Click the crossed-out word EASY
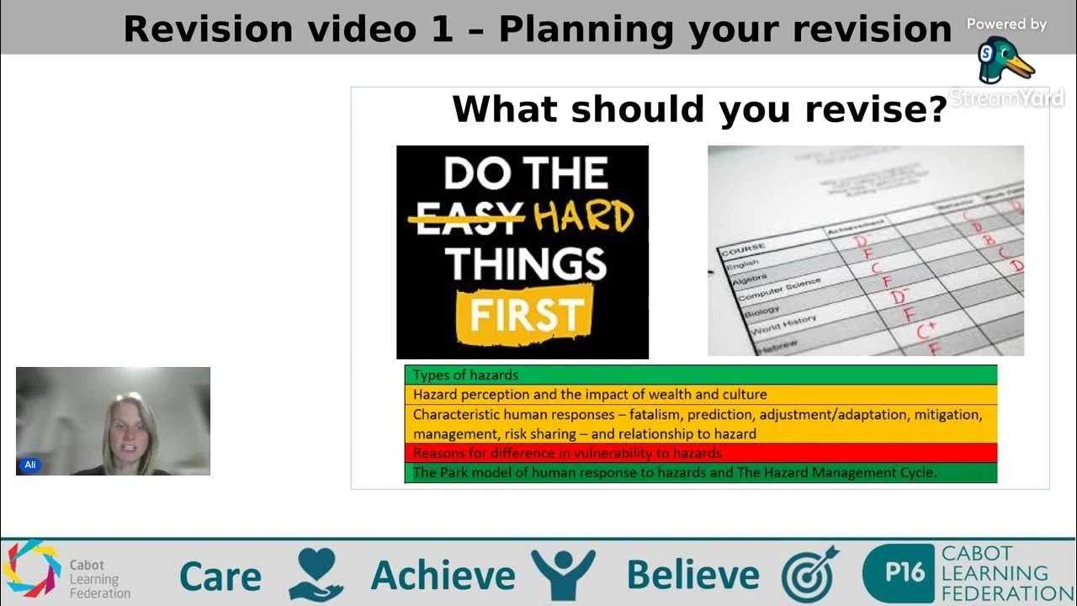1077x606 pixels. tap(466, 217)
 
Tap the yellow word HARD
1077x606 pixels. tap(583, 217)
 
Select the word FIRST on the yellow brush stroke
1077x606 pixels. tap(526, 314)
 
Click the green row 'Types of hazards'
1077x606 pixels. tap(700, 375)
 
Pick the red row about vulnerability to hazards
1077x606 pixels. tap(700, 453)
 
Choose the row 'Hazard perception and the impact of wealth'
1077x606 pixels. tap(700, 394)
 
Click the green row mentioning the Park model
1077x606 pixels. tap(700, 473)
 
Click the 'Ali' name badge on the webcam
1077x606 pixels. tap(30, 465)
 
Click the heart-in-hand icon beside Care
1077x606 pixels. tap(316, 575)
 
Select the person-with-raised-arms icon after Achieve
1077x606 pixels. tap(563, 575)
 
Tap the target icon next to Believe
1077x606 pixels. tap(809, 575)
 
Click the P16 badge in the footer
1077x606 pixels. tap(898, 574)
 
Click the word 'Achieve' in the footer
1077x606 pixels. tap(443, 577)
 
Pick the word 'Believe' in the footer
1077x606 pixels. tap(692, 577)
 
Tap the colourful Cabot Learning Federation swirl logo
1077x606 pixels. tap(32, 569)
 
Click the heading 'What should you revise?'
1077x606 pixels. tap(699, 109)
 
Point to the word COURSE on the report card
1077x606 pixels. tap(741, 249)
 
